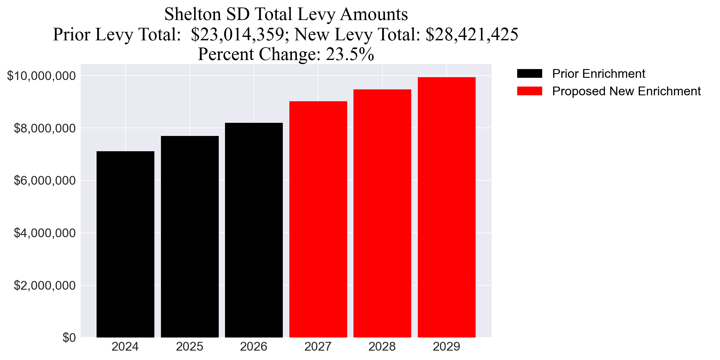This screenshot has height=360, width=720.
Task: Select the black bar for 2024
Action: pyautogui.click(x=125, y=244)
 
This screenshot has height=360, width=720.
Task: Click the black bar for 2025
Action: pyautogui.click(x=190, y=237)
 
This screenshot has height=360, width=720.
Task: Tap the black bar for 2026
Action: pyautogui.click(x=254, y=230)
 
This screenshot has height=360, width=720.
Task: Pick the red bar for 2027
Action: pyautogui.click(x=318, y=219)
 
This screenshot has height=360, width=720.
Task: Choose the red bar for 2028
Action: pyautogui.click(x=382, y=213)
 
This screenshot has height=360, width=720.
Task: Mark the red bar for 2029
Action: pyautogui.click(x=447, y=207)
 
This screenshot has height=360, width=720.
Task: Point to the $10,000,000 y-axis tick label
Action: pyautogui.click(x=41, y=76)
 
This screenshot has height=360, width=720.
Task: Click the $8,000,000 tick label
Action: pyautogui.click(x=44, y=128)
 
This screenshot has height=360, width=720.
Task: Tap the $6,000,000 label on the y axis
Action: pyautogui.click(x=44, y=181)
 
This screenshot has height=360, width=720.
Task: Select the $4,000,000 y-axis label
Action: pyautogui.click(x=44, y=233)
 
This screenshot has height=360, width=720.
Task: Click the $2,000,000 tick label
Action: pyautogui.click(x=44, y=286)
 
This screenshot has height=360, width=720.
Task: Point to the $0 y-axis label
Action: pyautogui.click(x=69, y=338)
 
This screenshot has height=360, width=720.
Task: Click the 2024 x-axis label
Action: pyautogui.click(x=125, y=347)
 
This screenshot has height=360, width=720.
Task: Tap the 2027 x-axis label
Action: pyautogui.click(x=318, y=347)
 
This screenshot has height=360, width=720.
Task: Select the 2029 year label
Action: pyautogui.click(x=447, y=347)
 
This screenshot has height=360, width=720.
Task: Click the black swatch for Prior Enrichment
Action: pyautogui.click(x=529, y=74)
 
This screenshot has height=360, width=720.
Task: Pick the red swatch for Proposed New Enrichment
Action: pyautogui.click(x=529, y=91)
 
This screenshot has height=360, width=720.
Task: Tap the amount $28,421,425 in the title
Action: pyautogui.click(x=472, y=34)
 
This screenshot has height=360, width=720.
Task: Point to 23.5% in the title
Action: pyautogui.click(x=350, y=54)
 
